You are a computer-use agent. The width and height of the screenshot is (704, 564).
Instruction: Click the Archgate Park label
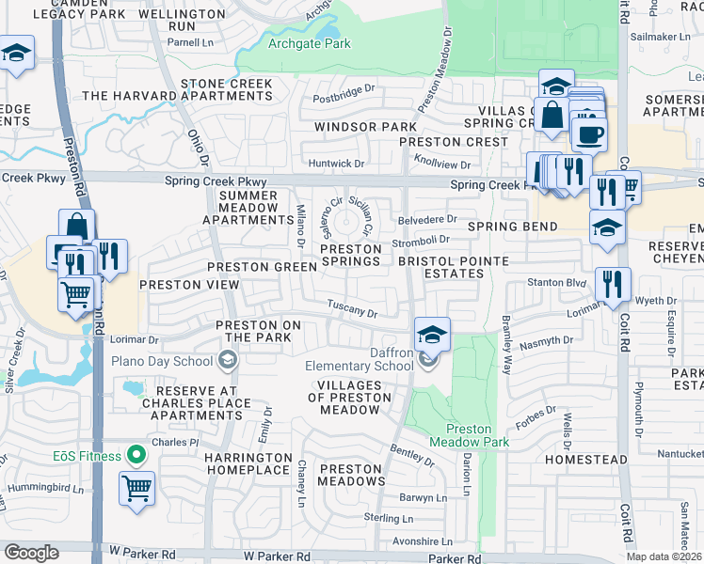(310, 43)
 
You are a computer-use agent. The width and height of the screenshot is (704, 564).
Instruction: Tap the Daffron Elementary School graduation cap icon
(432, 334)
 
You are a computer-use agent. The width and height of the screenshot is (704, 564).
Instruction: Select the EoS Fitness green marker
(136, 456)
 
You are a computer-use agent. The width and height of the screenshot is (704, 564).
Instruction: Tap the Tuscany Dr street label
(352, 307)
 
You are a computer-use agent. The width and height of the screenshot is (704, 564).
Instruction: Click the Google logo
(31, 553)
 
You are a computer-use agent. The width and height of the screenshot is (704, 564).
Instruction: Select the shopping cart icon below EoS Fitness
(137, 489)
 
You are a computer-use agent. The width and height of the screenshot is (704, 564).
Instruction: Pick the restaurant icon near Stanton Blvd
(613, 283)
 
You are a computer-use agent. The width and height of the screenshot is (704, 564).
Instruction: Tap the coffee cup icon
(589, 133)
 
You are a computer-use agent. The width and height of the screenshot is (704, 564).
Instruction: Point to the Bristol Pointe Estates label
(440, 267)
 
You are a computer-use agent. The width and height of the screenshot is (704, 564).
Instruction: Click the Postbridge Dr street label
(344, 97)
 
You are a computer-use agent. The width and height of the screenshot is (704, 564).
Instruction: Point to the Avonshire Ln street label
(419, 541)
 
